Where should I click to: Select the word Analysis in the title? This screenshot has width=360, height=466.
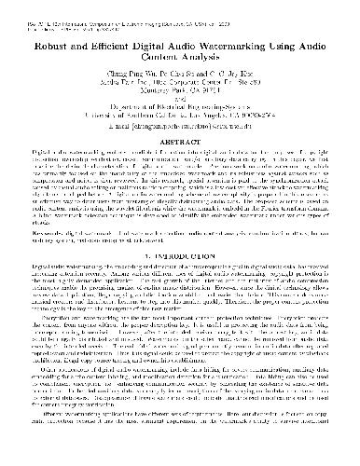click(205, 55)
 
